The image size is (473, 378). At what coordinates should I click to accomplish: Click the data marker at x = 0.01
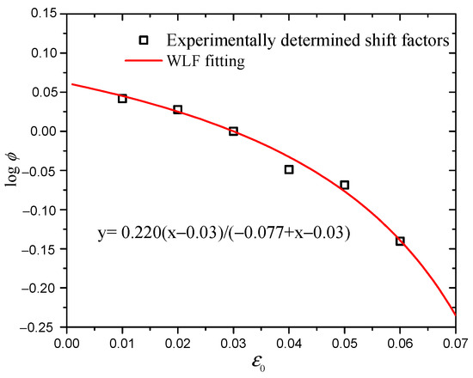pos(122,99)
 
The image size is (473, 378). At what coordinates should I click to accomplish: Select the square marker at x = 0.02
pos(178,110)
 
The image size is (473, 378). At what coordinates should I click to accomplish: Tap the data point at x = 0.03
pos(233,131)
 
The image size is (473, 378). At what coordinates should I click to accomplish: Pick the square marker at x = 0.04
pos(289,169)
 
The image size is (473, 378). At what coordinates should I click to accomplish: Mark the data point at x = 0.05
pos(345,185)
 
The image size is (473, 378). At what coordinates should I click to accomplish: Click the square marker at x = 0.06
pos(400,241)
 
